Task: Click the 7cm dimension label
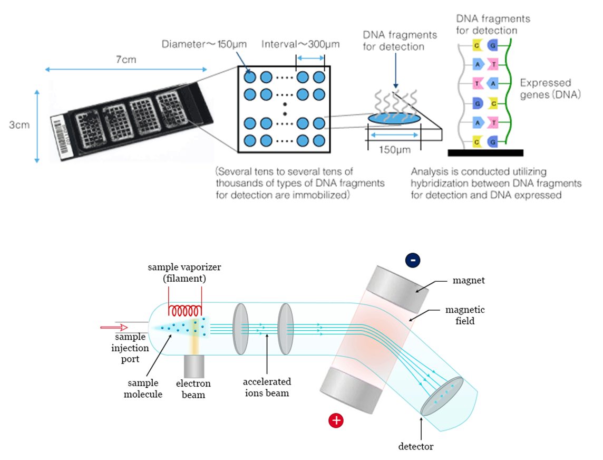[x=126, y=60]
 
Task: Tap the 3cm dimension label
[x=19, y=125]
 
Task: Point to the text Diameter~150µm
[x=204, y=44]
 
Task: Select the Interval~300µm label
[x=300, y=44]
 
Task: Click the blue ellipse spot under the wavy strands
[x=394, y=118]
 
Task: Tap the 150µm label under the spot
[x=395, y=150]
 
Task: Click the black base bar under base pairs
[x=485, y=153]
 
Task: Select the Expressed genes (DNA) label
[x=550, y=89]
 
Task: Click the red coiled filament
[x=185, y=311]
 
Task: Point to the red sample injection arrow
[x=114, y=328]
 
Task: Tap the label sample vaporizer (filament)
[x=184, y=273]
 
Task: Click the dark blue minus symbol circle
[x=413, y=260]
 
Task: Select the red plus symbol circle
[x=336, y=420]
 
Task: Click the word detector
[x=416, y=446]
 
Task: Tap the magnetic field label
[x=465, y=315]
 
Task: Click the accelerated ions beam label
[x=267, y=387]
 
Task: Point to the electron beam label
[x=193, y=389]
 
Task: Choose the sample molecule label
[x=143, y=388]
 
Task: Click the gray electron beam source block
[x=194, y=366]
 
